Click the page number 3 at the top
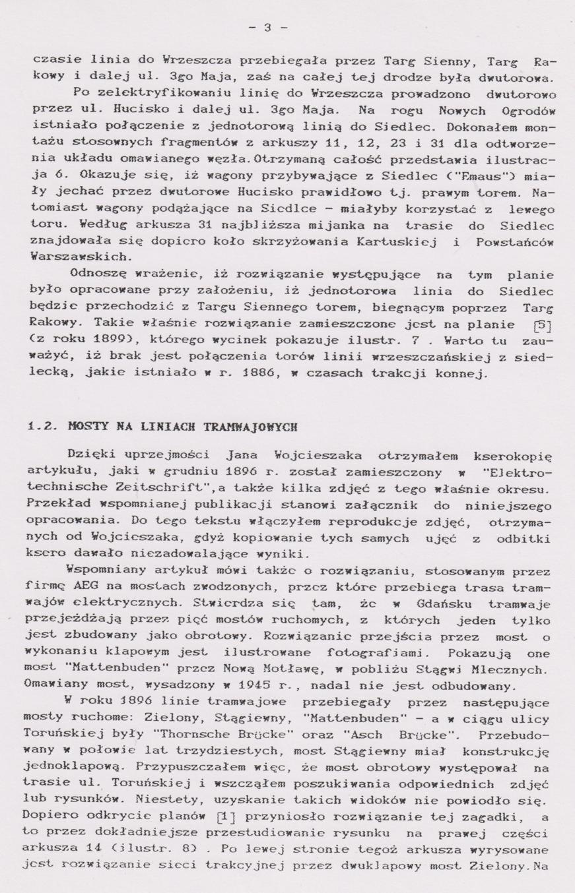[x=267, y=28]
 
